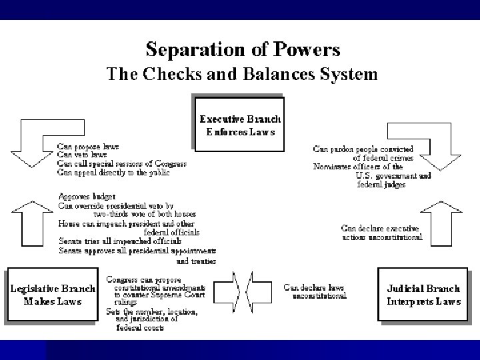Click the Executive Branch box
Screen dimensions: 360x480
tap(240, 125)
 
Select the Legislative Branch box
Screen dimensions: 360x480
tap(52, 295)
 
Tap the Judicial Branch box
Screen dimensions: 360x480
tap(423, 295)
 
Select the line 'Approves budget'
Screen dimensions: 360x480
tap(87, 197)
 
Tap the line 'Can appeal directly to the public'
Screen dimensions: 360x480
tap(113, 172)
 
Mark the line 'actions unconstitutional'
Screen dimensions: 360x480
tap(382, 237)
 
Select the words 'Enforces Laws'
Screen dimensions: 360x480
tap(241, 132)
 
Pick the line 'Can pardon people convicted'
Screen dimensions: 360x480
tap(363, 149)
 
